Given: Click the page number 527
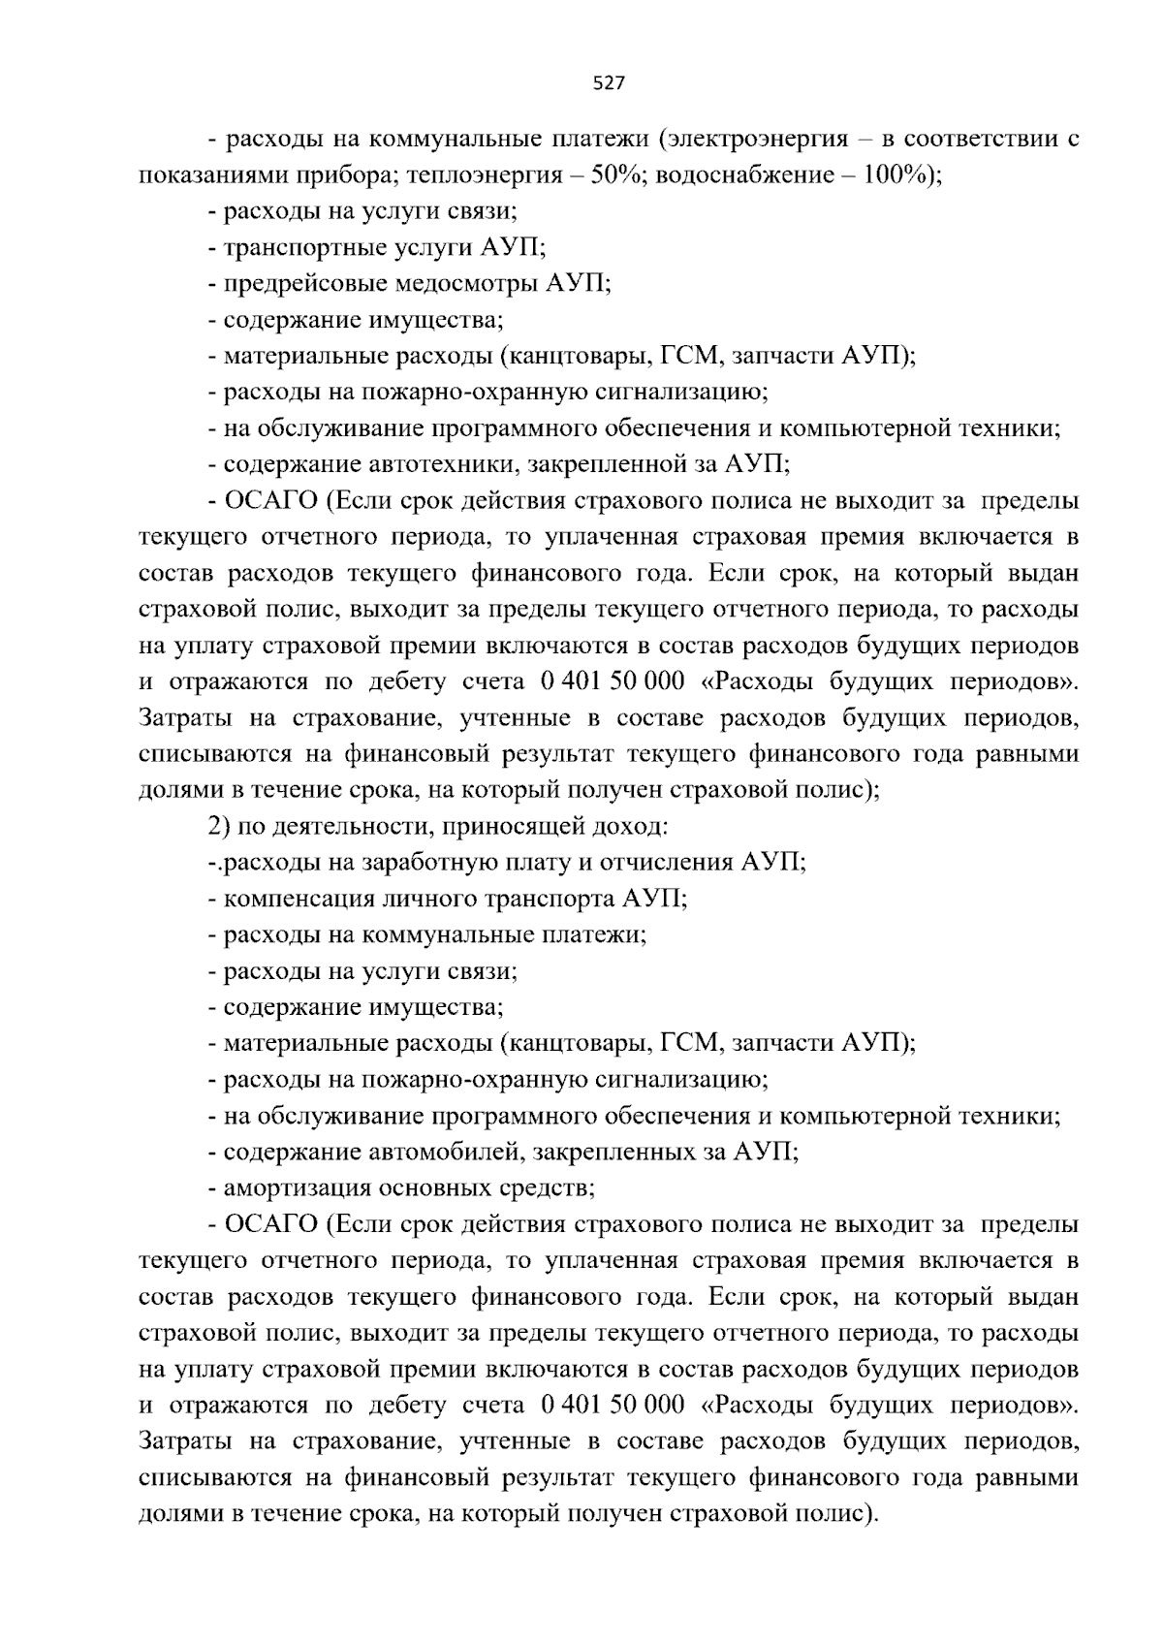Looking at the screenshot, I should point(608,84).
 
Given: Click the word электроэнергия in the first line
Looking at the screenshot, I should point(758,139).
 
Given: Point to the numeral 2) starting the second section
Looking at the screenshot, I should point(219,827).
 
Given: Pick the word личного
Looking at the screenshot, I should point(425,899).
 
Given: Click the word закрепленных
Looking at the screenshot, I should point(610,1152).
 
